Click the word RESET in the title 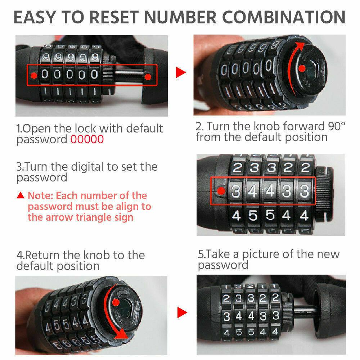coord(114,17)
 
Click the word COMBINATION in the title coord(284,17)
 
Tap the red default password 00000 coord(87,139)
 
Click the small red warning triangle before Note coord(21,195)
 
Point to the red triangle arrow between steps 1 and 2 coord(181,72)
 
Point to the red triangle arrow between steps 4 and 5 coord(182,312)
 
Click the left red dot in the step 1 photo coord(34,75)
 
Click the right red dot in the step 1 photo coord(148,77)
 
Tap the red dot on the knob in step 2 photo coord(302,68)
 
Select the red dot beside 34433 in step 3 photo coord(221,191)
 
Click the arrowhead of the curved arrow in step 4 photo coord(121,334)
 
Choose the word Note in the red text coord(40,195)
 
